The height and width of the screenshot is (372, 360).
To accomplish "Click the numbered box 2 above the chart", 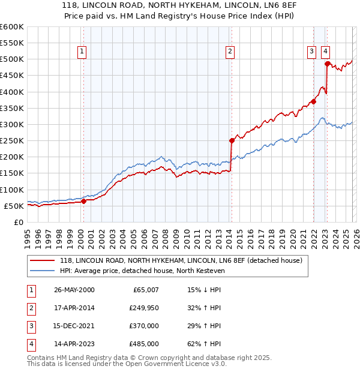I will [230, 52].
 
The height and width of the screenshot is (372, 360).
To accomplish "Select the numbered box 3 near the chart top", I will [312, 52].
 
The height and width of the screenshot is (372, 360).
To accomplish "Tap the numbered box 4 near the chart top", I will [325, 52].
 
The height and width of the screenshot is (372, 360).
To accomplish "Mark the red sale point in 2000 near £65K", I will [84, 202].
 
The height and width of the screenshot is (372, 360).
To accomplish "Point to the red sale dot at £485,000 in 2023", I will [327, 64].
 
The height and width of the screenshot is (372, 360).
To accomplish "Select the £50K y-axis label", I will [14, 206].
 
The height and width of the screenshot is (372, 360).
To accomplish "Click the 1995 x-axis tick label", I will [27, 238].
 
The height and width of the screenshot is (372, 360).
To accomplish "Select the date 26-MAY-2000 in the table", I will [74, 290].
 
